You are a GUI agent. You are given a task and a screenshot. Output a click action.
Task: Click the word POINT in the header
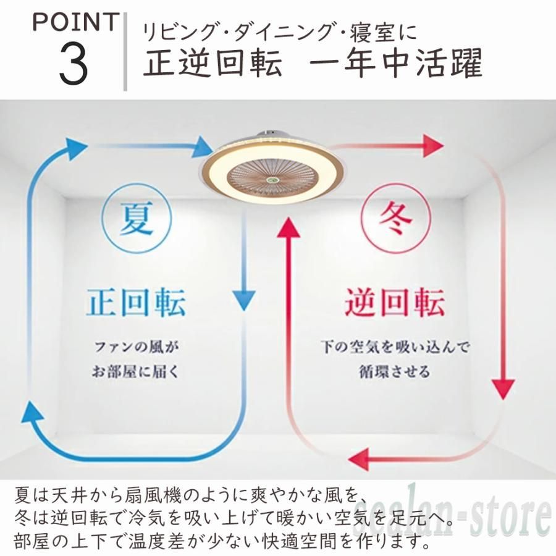pyautogui.click(x=75, y=22)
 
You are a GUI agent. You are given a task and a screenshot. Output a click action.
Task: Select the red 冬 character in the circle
pyautogui.click(x=395, y=217)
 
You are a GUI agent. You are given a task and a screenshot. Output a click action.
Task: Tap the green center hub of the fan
pyautogui.click(x=272, y=181)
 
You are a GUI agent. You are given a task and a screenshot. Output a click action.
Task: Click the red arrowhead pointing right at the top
pyautogui.click(x=433, y=145)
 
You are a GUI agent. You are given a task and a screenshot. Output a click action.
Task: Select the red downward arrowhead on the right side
pyautogui.click(x=503, y=389)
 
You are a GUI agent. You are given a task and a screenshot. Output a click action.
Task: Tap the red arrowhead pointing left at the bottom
pyautogui.click(x=359, y=459)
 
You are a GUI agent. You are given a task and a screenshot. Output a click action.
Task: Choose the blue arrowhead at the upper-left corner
pyautogui.click(x=75, y=148)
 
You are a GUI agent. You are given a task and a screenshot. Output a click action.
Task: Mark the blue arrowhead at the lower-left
pyautogui.click(x=32, y=411)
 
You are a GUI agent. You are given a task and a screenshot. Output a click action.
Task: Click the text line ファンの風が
pyautogui.click(x=137, y=347)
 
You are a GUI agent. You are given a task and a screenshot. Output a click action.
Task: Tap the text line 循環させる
pyautogui.click(x=395, y=371)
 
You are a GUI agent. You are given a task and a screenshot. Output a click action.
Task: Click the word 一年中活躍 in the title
pyautogui.click(x=396, y=63)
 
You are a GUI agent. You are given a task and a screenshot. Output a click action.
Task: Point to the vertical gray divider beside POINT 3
pyautogui.click(x=125, y=51)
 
